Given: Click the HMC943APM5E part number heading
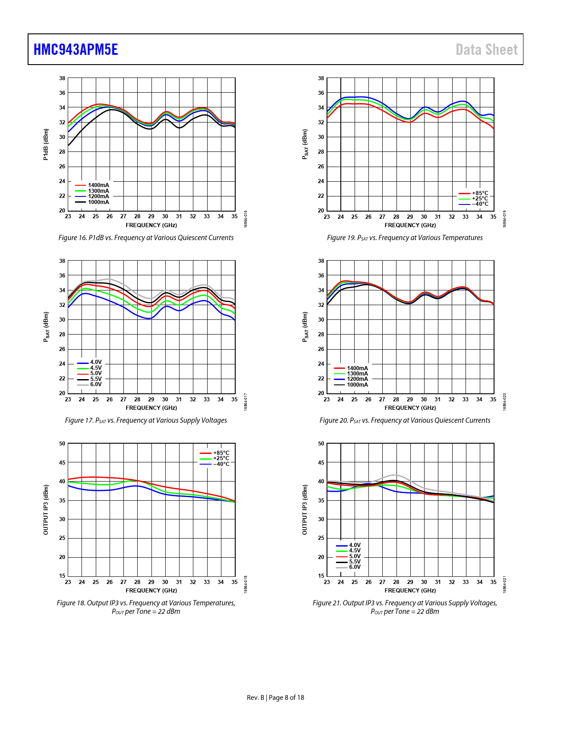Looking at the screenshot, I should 76,49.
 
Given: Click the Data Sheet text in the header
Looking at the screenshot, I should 486,49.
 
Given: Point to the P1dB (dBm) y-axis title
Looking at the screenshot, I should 45,144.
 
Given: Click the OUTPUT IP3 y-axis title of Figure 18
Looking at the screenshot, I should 45,510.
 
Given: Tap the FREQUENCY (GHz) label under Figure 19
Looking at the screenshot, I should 410,225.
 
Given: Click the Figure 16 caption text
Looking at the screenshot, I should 146,238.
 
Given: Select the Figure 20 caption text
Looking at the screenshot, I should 405,421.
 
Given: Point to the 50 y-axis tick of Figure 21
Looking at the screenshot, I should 321,444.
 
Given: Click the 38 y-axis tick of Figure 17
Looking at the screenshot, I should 62,261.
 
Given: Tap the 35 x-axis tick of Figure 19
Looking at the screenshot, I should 493,217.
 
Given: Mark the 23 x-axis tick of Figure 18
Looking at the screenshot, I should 68,582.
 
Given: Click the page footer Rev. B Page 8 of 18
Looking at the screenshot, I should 275,698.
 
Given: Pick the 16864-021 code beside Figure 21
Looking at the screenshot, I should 505,584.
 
